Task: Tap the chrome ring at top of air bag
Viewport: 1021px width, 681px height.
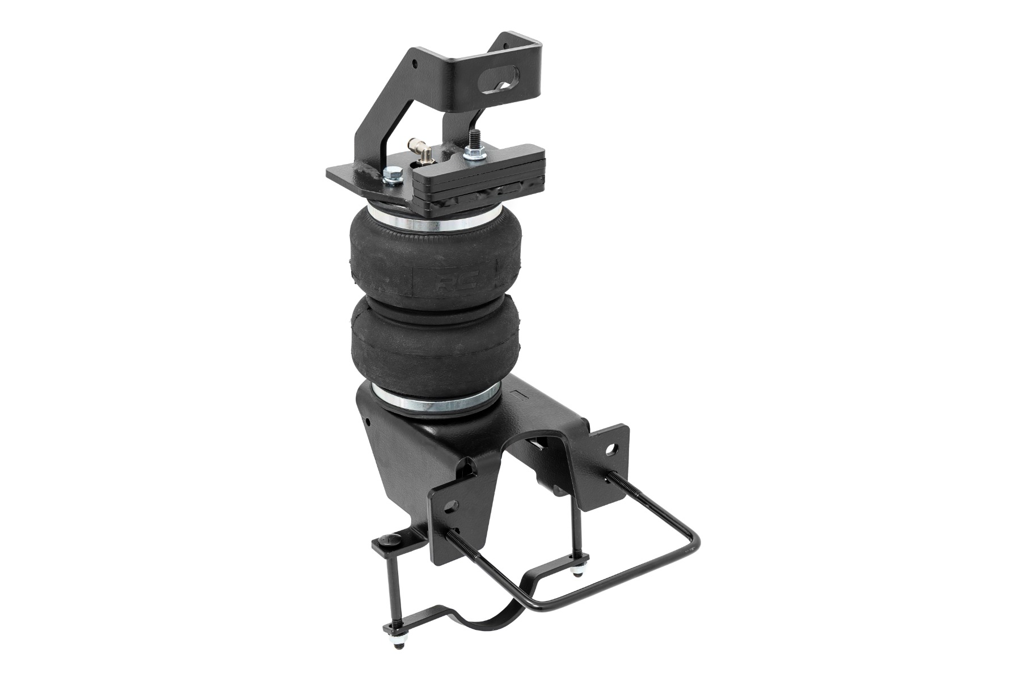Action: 420,222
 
